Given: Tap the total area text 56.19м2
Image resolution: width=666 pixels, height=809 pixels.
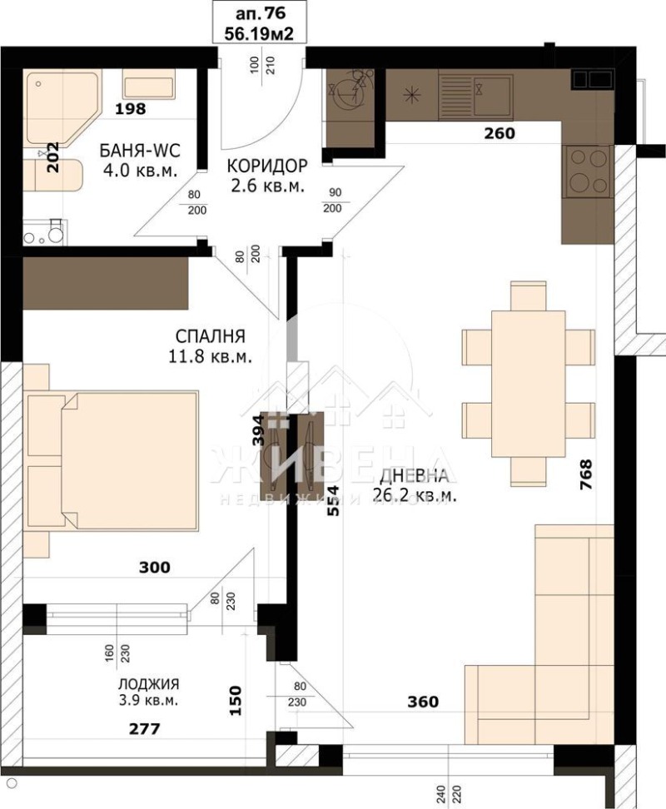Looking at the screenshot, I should pyautogui.click(x=257, y=33).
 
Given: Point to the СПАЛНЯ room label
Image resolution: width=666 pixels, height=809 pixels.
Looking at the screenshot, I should pyautogui.click(x=210, y=336).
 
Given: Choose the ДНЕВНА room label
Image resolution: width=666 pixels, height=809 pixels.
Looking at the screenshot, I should pyautogui.click(x=418, y=476).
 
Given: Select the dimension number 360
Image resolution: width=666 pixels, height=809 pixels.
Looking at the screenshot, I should pyautogui.click(x=422, y=702).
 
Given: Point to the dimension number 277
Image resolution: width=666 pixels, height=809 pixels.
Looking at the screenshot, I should pyautogui.click(x=143, y=730).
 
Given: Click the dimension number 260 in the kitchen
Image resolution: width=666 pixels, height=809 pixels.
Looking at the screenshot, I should pyautogui.click(x=499, y=133).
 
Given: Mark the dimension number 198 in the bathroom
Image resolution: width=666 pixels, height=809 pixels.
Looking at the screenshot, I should pyautogui.click(x=131, y=108).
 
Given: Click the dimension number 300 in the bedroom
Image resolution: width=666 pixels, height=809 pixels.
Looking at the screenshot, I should pyautogui.click(x=155, y=568).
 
